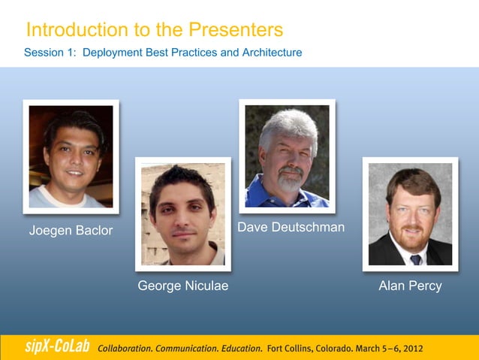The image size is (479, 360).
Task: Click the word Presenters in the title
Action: tap(236, 30)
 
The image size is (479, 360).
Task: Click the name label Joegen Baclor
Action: tap(71, 230)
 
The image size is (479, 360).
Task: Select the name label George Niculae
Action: tap(183, 286)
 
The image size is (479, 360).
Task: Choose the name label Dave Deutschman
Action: tap(291, 227)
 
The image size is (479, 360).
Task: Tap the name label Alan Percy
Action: tap(410, 286)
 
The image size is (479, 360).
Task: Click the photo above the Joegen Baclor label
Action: tap(71, 156)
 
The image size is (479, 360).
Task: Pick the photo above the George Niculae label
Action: tap(182, 214)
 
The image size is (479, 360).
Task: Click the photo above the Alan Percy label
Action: tap(410, 214)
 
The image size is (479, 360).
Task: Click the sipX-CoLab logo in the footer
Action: tap(52, 347)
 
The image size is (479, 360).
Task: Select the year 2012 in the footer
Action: tap(411, 349)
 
